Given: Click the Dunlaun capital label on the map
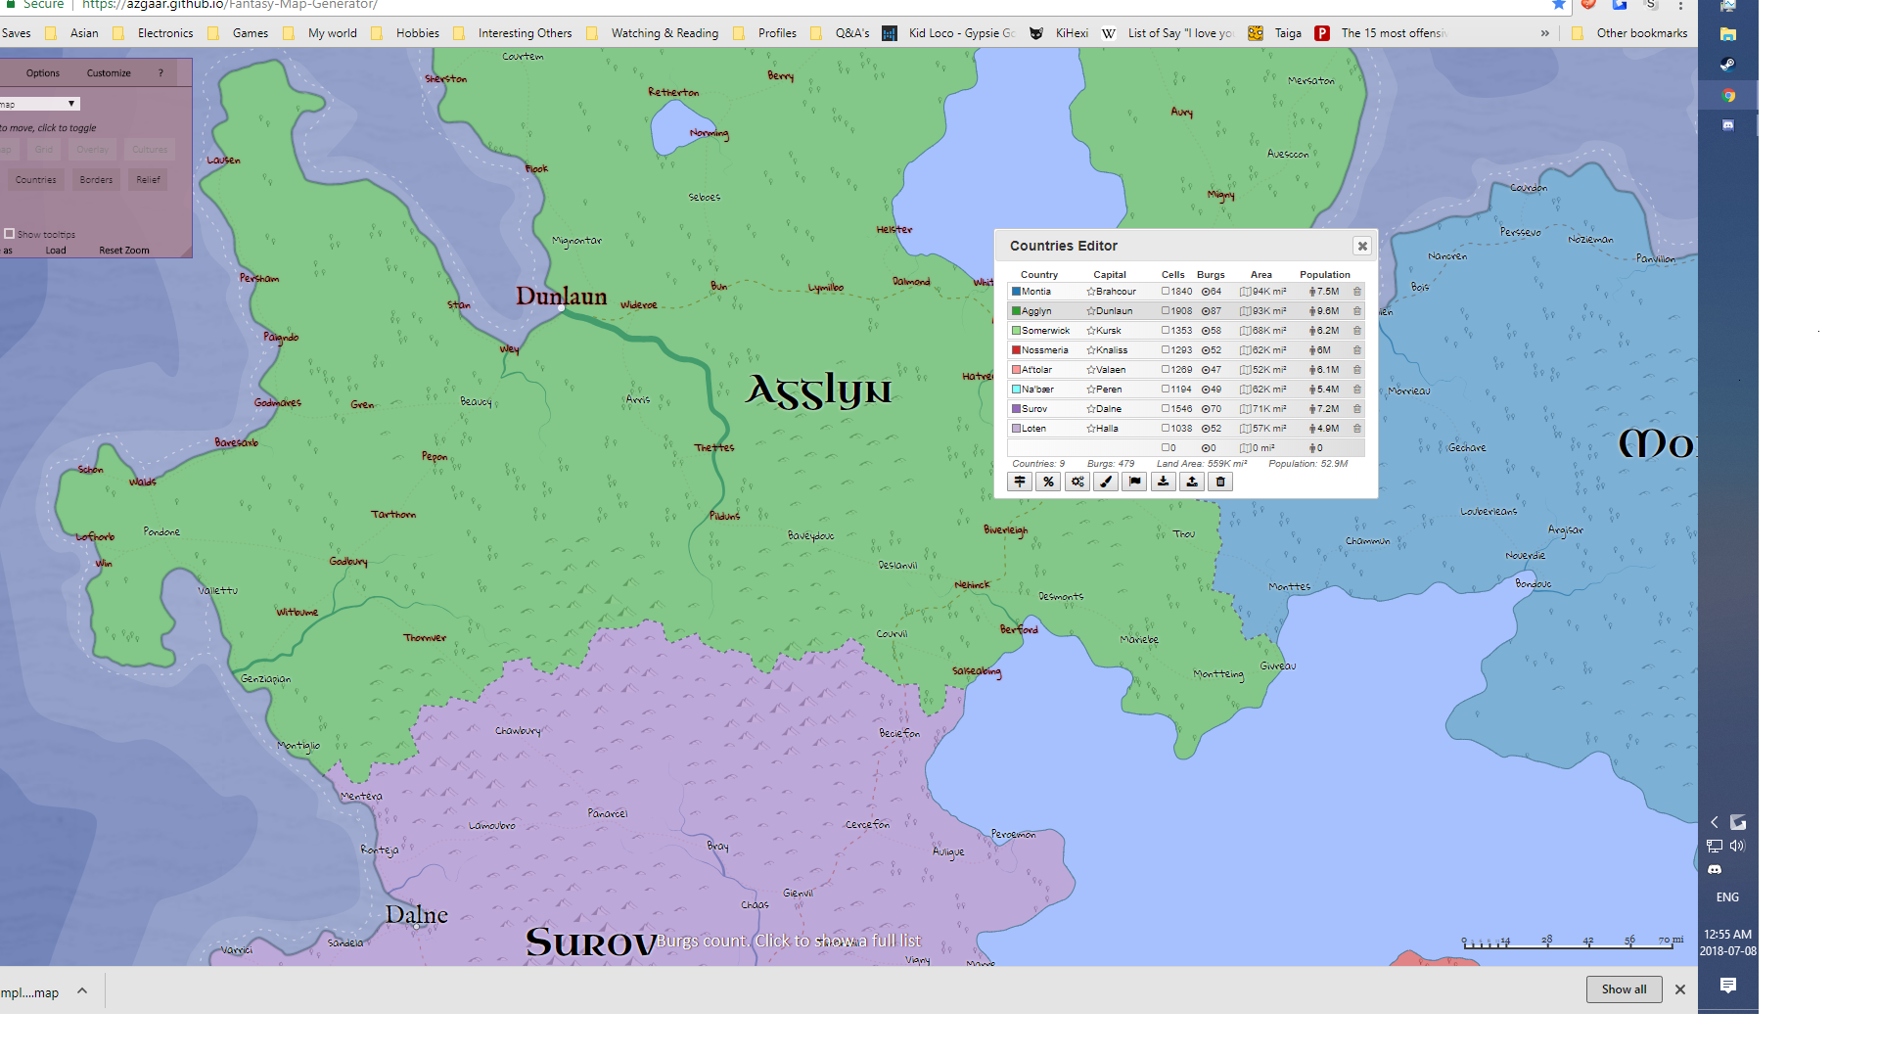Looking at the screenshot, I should pos(561,296).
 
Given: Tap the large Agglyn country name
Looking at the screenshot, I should pos(819,391).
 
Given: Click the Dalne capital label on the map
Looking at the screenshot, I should pos(416,915).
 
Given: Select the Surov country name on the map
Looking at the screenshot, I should pos(591,942).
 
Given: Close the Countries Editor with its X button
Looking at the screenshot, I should pos(1361,246).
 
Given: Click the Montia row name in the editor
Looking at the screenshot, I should pos(1036,292).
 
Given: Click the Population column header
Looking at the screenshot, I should pos(1324,275).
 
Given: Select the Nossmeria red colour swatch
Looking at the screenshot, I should pos(1016,350).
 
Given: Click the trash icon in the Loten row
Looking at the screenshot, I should pos(1357,429).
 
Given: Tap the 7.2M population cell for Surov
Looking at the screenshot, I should pos(1327,409).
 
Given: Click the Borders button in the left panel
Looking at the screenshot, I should pos(96,180).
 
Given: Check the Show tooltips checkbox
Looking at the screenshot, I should pos(10,234).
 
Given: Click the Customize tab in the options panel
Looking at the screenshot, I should pos(109,73).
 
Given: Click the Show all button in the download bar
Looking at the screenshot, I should pos(1624,989).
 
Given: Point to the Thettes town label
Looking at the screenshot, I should pos(714,448).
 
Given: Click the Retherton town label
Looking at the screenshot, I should pos(673,93).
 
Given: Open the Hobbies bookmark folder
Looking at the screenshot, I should pos(417,33).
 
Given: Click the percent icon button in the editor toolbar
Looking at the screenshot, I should pos(1048,482).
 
